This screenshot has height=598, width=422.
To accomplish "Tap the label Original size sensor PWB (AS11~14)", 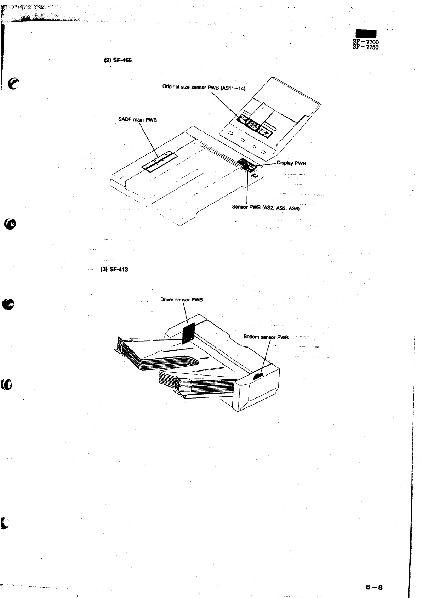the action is [204, 87].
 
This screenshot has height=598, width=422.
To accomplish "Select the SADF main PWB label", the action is [137, 120].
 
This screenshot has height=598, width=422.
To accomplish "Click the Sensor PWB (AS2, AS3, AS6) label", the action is [266, 208].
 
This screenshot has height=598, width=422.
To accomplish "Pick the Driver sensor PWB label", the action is [181, 300].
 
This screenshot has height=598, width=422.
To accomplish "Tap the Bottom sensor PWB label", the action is [266, 337].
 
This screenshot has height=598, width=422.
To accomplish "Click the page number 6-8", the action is [375, 586].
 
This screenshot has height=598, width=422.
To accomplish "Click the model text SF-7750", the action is [365, 47].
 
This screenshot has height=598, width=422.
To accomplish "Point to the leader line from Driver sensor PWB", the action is [185, 314].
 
